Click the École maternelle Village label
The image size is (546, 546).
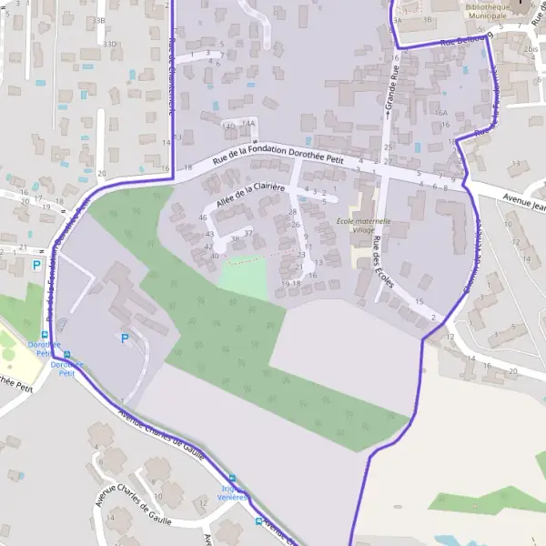pyautogui.click(x=363, y=226)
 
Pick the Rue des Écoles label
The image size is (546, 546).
pyautogui.click(x=382, y=261)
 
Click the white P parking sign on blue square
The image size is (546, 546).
pyautogui.click(x=36, y=265)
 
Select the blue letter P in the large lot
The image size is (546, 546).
pyautogui.click(x=125, y=339)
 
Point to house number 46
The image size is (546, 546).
pyautogui.click(x=202, y=217)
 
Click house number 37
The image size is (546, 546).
pyautogui.click(x=248, y=234)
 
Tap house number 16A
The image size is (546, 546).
pyautogui.click(x=441, y=114)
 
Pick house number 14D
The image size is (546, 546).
pyautogui.click(x=228, y=125)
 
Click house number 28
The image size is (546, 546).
pyautogui.click(x=293, y=212)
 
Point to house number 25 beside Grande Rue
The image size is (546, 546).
pyautogui.click(x=388, y=147)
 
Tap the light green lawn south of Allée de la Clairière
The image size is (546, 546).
pyautogui.click(x=244, y=280)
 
